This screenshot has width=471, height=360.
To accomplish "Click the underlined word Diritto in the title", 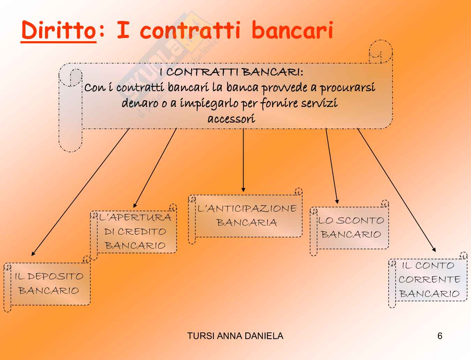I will [x=58, y=31].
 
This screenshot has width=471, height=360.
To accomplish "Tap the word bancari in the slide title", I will [x=292, y=31].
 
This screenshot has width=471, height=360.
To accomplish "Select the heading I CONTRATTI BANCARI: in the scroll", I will [x=231, y=72].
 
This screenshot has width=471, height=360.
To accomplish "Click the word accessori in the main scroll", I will [x=231, y=119].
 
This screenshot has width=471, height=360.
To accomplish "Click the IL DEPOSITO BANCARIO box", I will [x=49, y=284].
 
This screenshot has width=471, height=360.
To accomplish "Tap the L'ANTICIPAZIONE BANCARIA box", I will [x=247, y=215].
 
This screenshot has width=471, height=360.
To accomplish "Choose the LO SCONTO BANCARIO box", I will [x=351, y=228].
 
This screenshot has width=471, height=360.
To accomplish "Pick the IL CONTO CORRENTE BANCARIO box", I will [x=429, y=280].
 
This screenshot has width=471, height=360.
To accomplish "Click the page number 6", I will [x=440, y=336].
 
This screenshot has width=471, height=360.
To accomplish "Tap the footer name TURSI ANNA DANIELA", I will [x=235, y=336].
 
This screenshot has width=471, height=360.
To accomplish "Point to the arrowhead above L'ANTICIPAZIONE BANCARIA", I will [x=243, y=190].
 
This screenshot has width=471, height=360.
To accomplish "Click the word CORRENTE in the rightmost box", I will [x=429, y=280].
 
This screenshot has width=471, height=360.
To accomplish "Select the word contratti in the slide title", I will [x=190, y=31].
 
